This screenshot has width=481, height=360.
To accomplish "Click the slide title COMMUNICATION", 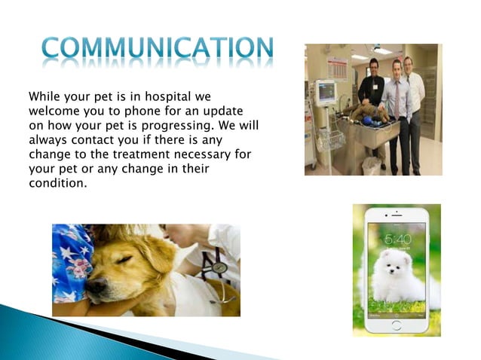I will pyautogui.click(x=157, y=49).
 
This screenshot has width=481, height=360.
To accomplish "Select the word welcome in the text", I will pyautogui.click(x=53, y=111).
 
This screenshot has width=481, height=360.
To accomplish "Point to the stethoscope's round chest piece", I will pyautogui.click(x=219, y=267).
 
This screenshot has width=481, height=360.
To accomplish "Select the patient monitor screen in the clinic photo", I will pyautogui.click(x=326, y=93).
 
